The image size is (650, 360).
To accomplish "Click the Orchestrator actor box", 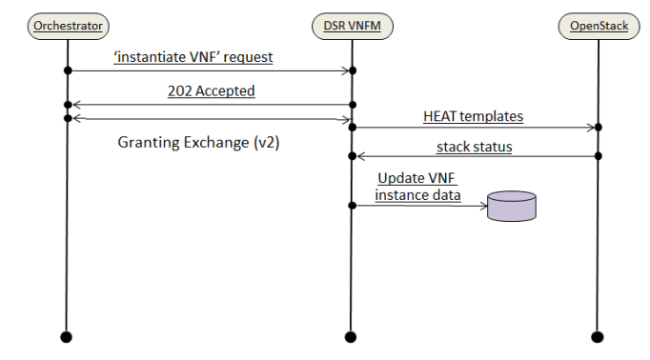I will (67, 26).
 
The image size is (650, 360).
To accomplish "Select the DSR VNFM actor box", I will (351, 26).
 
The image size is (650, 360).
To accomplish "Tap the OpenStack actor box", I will (599, 26).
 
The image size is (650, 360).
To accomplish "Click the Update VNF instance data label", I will (418, 187).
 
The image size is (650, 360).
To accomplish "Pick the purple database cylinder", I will (511, 206).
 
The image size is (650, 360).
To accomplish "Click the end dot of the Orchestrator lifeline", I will (67, 335).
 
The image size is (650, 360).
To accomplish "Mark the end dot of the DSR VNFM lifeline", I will (351, 335).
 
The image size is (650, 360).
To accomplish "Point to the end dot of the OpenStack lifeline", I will (599, 335).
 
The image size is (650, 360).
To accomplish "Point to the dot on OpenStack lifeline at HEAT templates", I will (599, 127).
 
